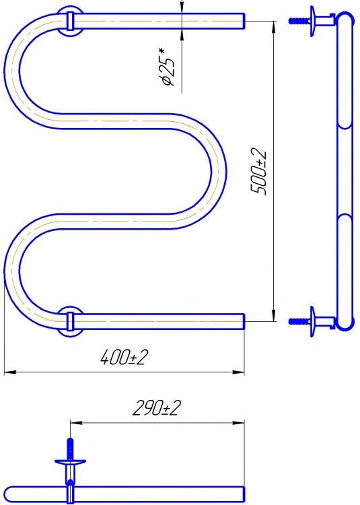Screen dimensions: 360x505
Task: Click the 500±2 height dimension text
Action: tap(258, 171)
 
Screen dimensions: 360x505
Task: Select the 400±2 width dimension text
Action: tap(124, 357)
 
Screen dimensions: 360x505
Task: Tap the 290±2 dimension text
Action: tap(157, 408)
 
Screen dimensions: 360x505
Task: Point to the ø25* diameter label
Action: tap(168, 67)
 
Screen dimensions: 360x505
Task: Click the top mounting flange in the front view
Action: tap(71, 21)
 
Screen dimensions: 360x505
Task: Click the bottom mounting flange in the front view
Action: tap(71, 321)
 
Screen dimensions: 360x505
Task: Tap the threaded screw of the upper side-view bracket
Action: tap(299, 21)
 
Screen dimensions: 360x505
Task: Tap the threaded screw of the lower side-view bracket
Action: tap(299, 321)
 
